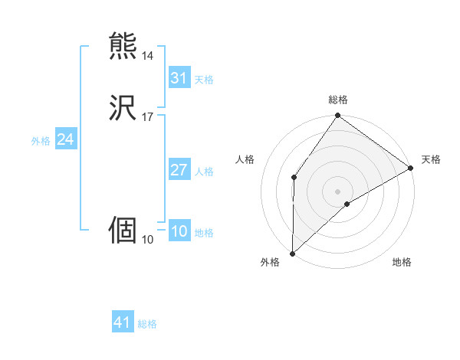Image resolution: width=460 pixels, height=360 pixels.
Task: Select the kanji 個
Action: pyautogui.click(x=123, y=231)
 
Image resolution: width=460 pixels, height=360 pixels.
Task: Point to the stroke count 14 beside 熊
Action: pyautogui.click(x=147, y=56)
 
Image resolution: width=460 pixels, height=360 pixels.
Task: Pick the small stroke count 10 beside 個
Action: pyautogui.click(x=147, y=239)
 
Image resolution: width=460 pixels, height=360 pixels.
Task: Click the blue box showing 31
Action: pyautogui.click(x=179, y=78)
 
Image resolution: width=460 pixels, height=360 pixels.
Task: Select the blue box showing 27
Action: pyautogui.click(x=179, y=170)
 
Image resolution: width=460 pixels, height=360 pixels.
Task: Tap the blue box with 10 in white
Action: pyautogui.click(x=179, y=231)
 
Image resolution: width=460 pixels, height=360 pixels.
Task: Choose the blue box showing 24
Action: pyautogui.click(x=65, y=139)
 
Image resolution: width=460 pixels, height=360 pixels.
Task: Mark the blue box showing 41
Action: pyautogui.click(x=123, y=322)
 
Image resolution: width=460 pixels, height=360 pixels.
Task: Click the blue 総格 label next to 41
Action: pyautogui.click(x=147, y=324)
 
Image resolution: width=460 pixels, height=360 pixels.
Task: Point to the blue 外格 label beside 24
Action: pyautogui.click(x=41, y=141)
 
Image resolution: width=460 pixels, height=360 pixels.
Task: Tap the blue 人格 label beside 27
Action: pyautogui.click(x=205, y=172)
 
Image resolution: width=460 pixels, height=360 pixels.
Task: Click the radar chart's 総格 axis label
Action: pyautogui.click(x=338, y=100)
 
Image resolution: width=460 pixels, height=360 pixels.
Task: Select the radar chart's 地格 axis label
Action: pyautogui.click(x=402, y=262)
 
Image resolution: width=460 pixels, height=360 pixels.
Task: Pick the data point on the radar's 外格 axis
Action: pyautogui.click(x=292, y=254)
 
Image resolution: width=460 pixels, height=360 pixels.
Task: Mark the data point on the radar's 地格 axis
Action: pyautogui.click(x=347, y=204)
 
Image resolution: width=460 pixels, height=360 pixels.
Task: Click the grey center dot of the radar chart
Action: pyautogui.click(x=338, y=191)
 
